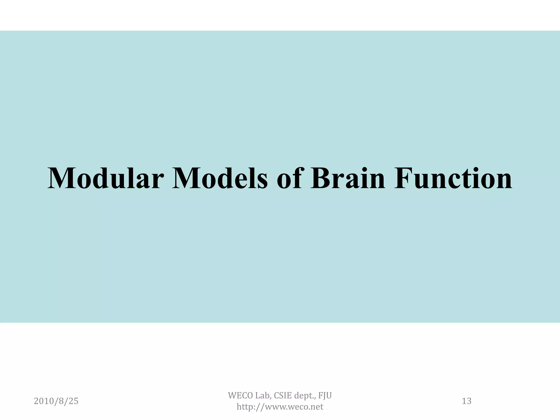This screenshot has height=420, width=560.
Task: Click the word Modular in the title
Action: [106, 178]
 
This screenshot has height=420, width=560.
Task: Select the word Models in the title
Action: [220, 178]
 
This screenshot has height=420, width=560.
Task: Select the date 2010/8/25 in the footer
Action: [56, 401]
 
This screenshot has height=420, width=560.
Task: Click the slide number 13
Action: [466, 401]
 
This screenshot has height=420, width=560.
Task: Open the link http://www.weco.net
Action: [280, 407]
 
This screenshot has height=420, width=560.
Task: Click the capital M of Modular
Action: [61, 178]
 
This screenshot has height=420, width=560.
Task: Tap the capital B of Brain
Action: [320, 178]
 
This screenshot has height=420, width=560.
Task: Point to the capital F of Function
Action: [403, 178]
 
